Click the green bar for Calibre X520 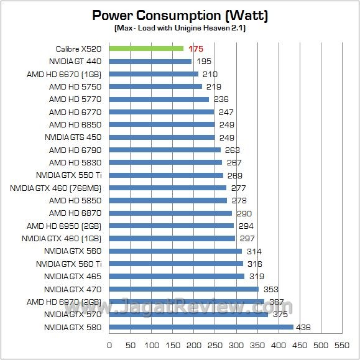point(146,48)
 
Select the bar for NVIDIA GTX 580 point(201,327)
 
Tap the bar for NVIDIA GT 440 point(150,62)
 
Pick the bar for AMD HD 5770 point(159,99)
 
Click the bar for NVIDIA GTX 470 point(183,289)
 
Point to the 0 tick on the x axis point(109,344)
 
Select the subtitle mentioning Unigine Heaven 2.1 point(180,28)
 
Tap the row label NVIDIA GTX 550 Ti point(68,175)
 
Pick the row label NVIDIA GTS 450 point(73,137)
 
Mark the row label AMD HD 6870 point(75,213)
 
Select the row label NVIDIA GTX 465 point(73,277)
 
